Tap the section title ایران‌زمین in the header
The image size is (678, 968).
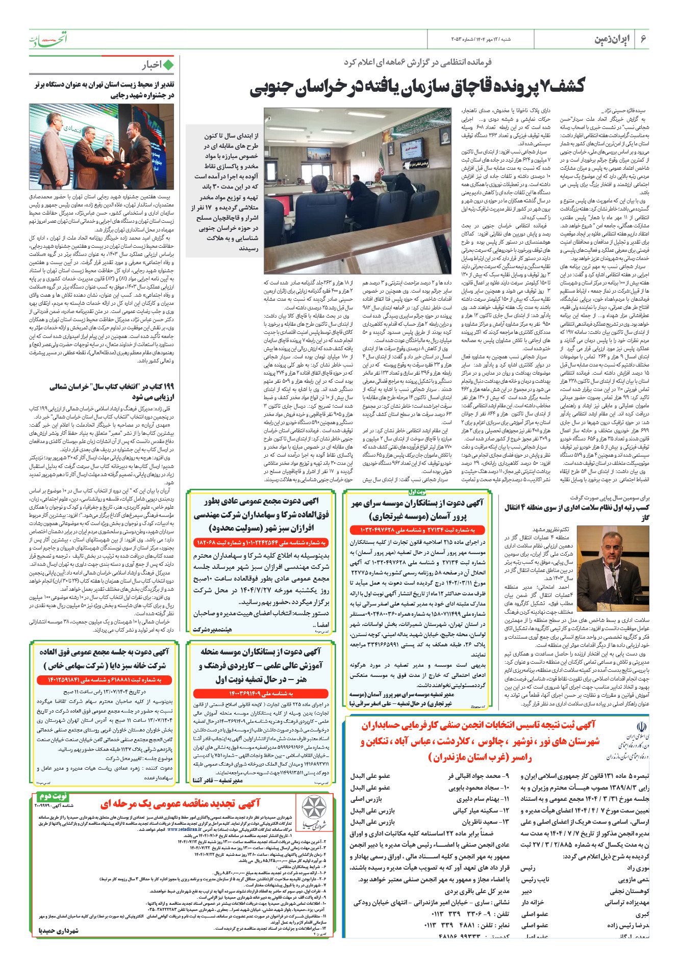point(612,39)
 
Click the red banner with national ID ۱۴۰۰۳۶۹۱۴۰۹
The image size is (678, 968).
point(261,693)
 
